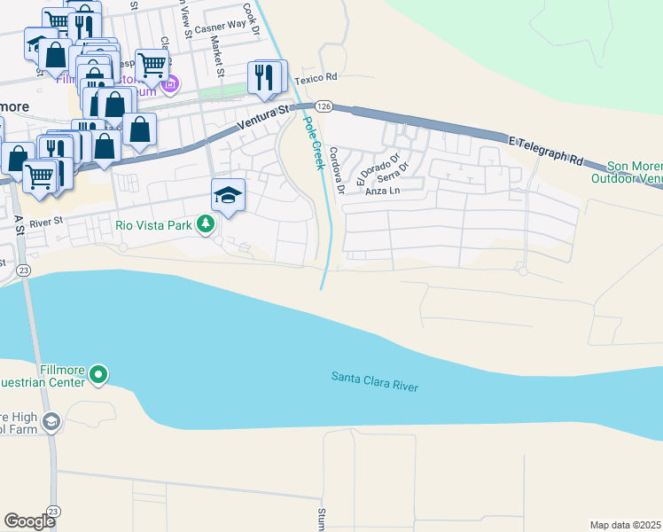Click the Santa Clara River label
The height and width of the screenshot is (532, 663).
tap(374, 382)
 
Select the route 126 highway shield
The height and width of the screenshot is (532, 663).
tap(324, 106)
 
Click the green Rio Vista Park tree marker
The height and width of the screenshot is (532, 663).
tap(206, 224)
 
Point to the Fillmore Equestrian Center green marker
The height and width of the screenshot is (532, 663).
tap(99, 377)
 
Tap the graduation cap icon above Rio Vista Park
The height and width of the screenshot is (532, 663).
tap(228, 195)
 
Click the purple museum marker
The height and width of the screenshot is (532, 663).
tap(170, 85)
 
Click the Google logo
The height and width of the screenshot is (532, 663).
tap(29, 520)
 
